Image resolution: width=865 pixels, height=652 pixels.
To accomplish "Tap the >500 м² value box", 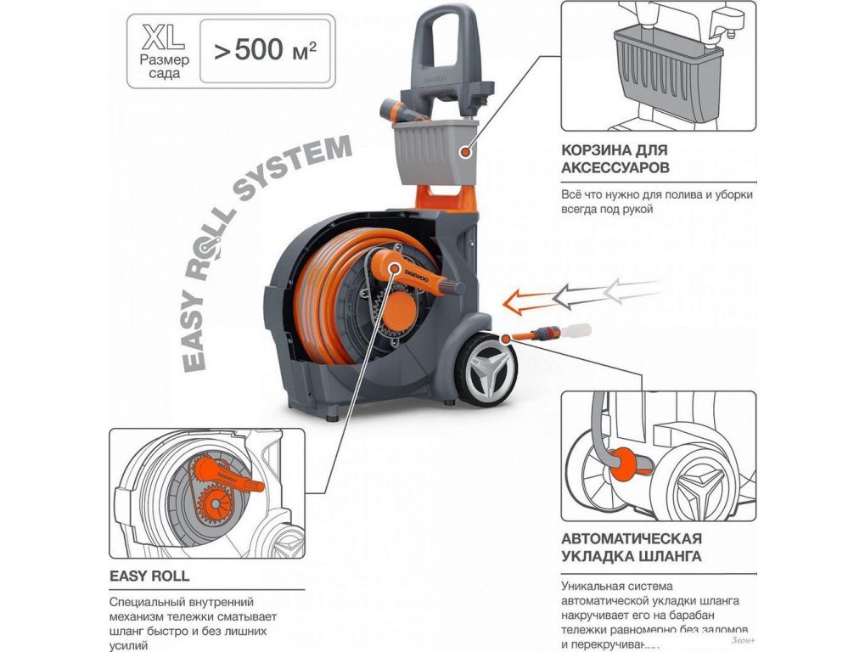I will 266,51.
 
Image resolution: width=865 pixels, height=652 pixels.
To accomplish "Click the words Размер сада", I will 165,67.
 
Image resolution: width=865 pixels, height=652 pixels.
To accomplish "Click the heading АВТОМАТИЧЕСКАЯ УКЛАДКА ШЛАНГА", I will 631,548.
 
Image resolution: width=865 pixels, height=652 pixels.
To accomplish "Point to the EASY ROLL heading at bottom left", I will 149,576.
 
